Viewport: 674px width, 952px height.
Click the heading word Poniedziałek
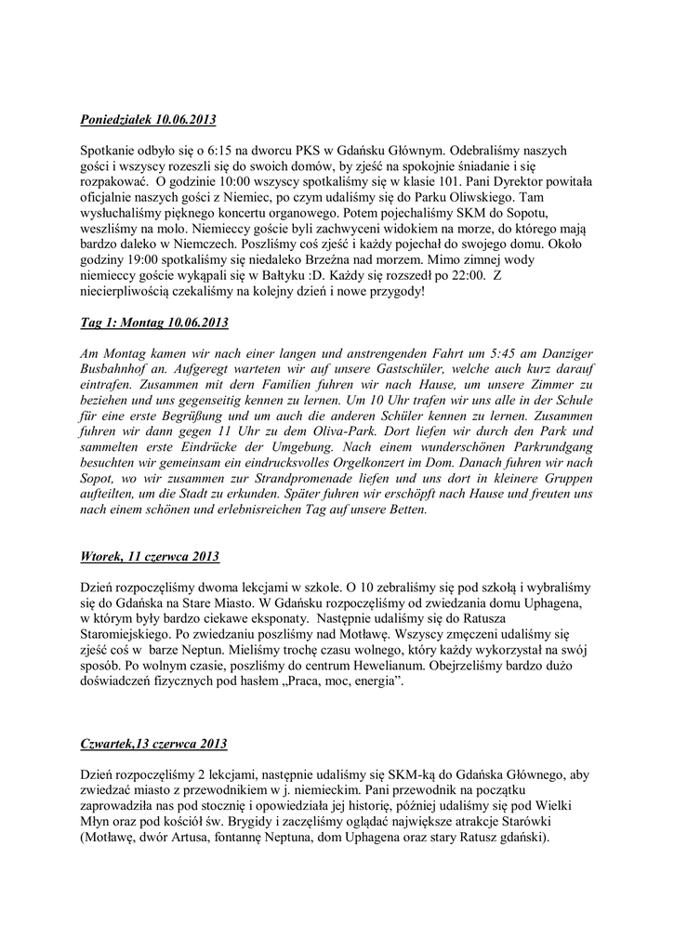pyautogui.click(x=115, y=121)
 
